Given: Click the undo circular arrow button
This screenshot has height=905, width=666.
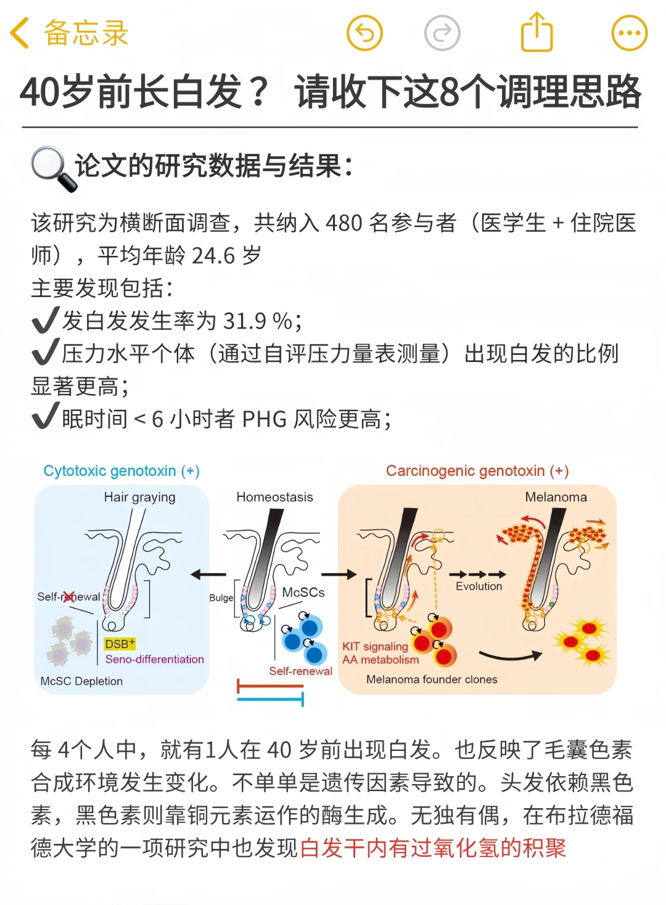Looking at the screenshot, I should (x=364, y=33).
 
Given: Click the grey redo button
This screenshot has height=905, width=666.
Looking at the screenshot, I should (x=442, y=33).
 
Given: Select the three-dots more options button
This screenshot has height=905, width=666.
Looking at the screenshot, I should (x=629, y=33).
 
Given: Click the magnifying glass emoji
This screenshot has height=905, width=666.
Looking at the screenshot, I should (x=53, y=168).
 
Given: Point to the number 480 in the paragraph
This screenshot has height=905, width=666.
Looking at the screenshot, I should (x=344, y=223).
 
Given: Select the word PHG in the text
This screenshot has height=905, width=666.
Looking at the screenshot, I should (x=265, y=420).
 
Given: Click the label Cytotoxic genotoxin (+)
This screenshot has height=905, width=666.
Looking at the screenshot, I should (x=121, y=471).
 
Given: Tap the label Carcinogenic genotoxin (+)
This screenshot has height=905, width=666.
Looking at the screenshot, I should (x=477, y=471).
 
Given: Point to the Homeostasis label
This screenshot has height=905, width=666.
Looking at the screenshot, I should (x=274, y=497).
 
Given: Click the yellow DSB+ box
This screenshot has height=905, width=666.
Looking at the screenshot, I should (x=120, y=644).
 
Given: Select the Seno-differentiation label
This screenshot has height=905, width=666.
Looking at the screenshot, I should (x=154, y=659).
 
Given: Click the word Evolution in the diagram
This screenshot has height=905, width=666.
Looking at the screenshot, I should (x=479, y=586).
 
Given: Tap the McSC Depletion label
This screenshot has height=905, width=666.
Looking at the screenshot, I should (x=81, y=681).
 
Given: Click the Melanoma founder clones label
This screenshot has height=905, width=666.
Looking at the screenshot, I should (x=432, y=679).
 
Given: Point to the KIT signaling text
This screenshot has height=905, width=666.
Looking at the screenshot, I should (x=375, y=646).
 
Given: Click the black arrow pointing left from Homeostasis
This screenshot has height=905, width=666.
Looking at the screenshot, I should (x=208, y=575).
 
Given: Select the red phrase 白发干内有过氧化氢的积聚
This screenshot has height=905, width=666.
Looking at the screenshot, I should (x=433, y=848).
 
